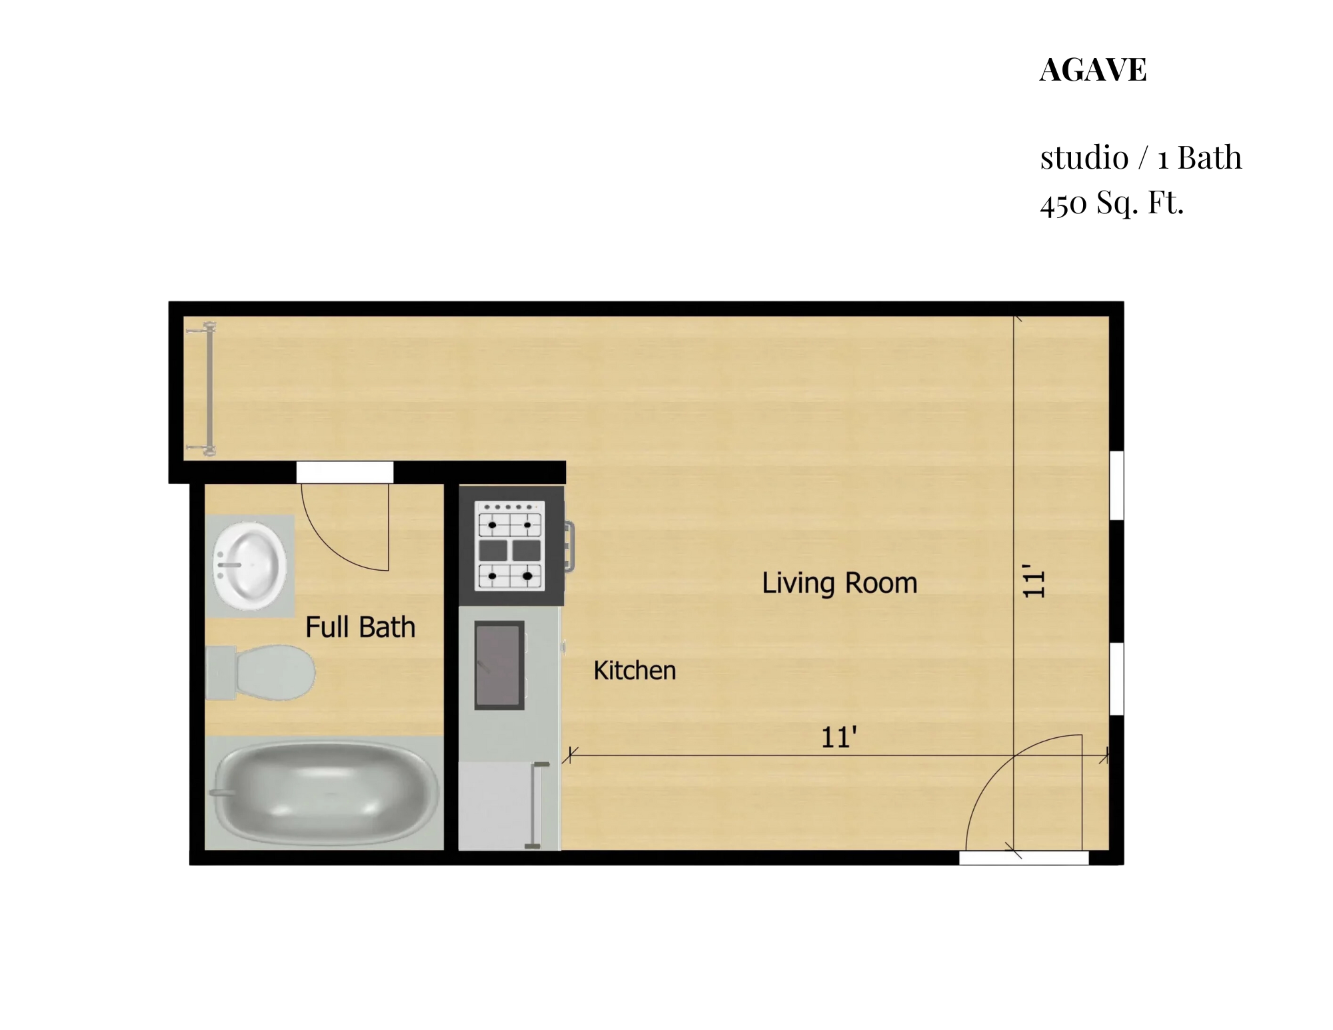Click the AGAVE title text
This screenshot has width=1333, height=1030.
(x=1093, y=70)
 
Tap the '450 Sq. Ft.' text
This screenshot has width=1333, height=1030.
(x=1112, y=203)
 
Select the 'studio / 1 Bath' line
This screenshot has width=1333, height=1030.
(x=1141, y=158)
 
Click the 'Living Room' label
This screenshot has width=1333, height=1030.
(x=840, y=583)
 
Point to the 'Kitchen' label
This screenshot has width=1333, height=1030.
(x=635, y=671)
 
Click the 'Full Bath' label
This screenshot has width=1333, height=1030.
(x=360, y=627)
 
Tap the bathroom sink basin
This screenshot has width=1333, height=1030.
(x=250, y=566)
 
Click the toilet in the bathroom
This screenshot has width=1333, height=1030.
(x=261, y=673)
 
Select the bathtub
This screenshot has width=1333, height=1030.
(x=325, y=793)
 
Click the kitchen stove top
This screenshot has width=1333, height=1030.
(x=510, y=546)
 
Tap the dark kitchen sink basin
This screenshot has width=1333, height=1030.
(x=499, y=665)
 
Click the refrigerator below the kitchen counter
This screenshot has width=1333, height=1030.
(x=509, y=806)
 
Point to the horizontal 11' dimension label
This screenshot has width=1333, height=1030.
(x=838, y=738)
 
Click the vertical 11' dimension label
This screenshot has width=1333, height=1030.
(x=1034, y=581)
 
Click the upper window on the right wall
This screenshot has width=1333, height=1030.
(x=1116, y=485)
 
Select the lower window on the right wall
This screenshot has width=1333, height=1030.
(x=1116, y=679)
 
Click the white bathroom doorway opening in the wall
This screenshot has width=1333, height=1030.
(x=345, y=472)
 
